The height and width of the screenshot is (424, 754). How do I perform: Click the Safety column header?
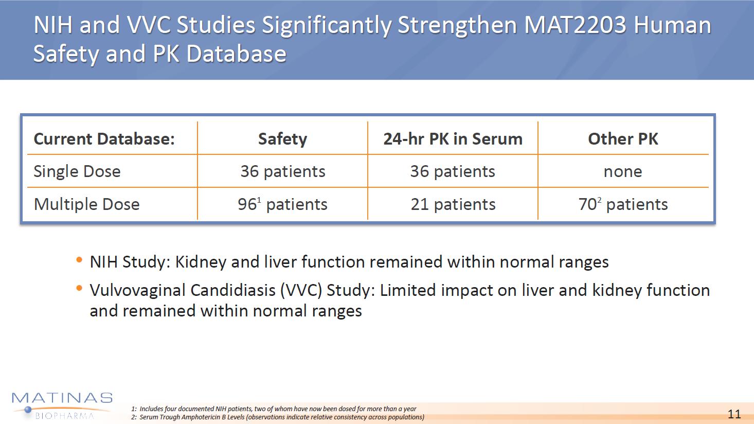[x=282, y=139]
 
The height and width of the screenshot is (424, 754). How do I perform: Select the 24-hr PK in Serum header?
[x=453, y=139]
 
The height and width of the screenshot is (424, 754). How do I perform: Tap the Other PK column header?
[x=623, y=139]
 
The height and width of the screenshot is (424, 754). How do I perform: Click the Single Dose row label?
[x=77, y=171]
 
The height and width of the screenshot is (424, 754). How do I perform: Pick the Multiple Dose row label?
[x=86, y=204]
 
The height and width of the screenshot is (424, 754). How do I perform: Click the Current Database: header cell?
[x=104, y=139]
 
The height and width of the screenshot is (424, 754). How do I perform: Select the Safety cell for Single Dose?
[x=282, y=171]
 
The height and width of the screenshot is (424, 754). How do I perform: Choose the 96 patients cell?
[x=282, y=204]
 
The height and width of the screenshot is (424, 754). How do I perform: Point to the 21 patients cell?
[x=453, y=204]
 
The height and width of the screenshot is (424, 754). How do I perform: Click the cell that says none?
[x=623, y=171]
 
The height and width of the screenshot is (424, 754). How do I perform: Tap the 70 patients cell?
[x=623, y=204]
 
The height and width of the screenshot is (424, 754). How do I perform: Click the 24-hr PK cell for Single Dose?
[x=453, y=171]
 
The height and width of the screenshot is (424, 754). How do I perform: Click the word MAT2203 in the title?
[x=575, y=25]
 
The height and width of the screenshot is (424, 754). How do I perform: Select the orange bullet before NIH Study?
[x=79, y=260]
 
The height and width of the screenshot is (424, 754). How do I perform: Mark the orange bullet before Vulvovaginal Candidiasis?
[x=79, y=288]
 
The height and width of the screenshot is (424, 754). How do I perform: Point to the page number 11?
[x=734, y=414]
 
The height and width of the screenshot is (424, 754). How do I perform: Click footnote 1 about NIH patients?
[x=274, y=409]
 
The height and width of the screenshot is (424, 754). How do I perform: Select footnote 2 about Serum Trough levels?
[x=278, y=417]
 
